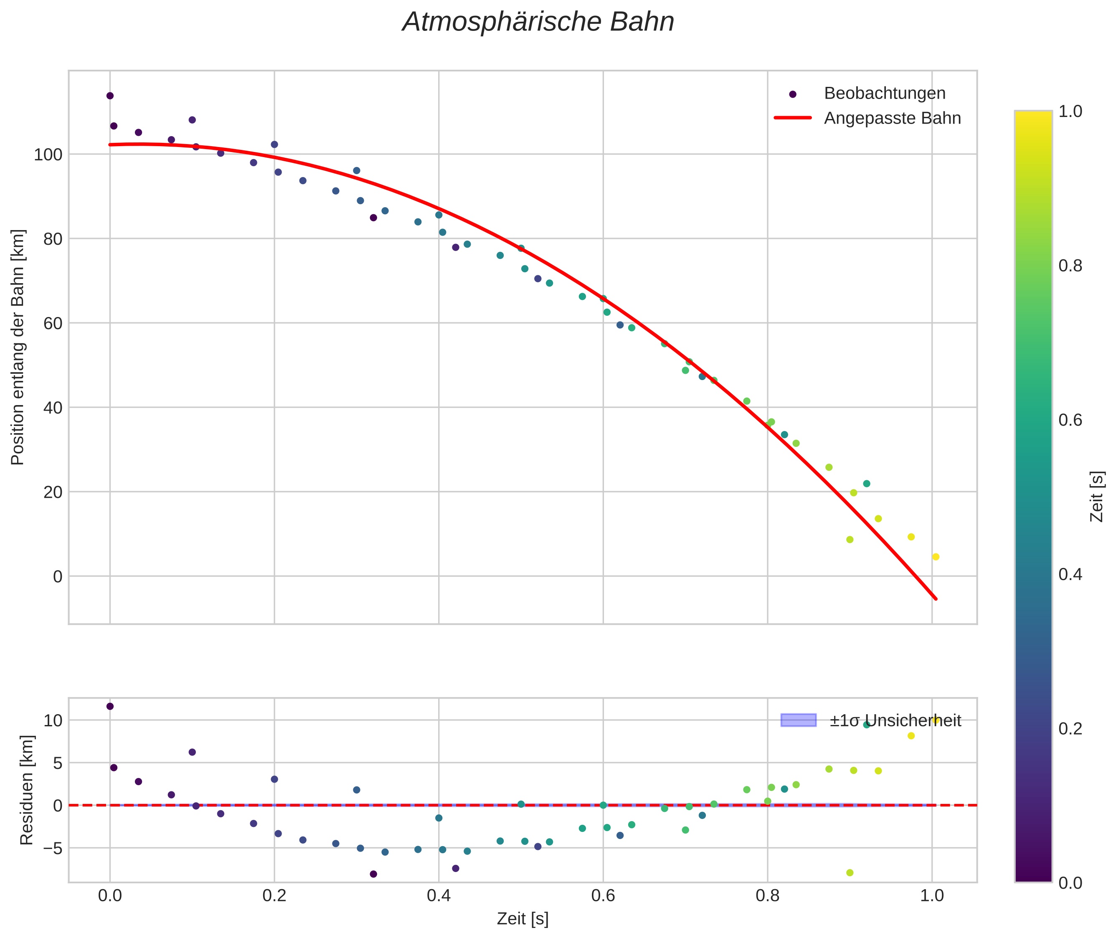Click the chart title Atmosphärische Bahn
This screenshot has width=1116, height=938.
(x=538, y=22)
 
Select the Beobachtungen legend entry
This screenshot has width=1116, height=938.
(x=884, y=93)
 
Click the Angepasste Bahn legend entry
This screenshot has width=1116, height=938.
(x=892, y=118)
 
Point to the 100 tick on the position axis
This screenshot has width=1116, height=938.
(x=48, y=155)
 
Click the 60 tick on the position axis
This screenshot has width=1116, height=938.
(x=53, y=324)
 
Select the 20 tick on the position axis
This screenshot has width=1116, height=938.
(x=53, y=492)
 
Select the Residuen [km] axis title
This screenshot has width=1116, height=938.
(x=27, y=790)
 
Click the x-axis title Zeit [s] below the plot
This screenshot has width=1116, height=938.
(x=522, y=919)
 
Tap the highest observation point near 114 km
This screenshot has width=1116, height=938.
(x=110, y=96)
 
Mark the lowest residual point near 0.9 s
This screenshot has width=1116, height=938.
(x=850, y=872)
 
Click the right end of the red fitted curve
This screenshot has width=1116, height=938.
(x=936, y=599)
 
